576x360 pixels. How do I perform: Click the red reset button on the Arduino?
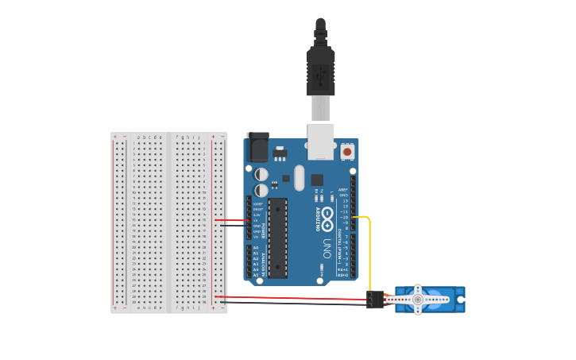[347, 151]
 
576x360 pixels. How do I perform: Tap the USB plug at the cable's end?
[321, 72]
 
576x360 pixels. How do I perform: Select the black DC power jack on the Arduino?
[257, 149]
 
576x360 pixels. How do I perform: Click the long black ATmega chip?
[277, 238]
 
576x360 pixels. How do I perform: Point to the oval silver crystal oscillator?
[300, 177]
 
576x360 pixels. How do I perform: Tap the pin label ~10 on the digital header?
[345, 217]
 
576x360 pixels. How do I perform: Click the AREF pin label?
[343, 190]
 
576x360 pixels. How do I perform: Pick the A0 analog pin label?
[256, 248]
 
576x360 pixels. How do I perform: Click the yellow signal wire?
[369, 254]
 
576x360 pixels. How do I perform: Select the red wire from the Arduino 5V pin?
[230, 220]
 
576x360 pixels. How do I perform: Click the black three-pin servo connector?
[375, 300]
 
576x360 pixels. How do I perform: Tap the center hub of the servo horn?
[417, 300]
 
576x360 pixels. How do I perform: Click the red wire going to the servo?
[294, 297]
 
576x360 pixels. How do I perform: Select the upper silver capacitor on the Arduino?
[261, 174]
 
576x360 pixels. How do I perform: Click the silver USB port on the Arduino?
[321, 141]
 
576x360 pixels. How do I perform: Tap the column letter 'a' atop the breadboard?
[138, 137]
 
